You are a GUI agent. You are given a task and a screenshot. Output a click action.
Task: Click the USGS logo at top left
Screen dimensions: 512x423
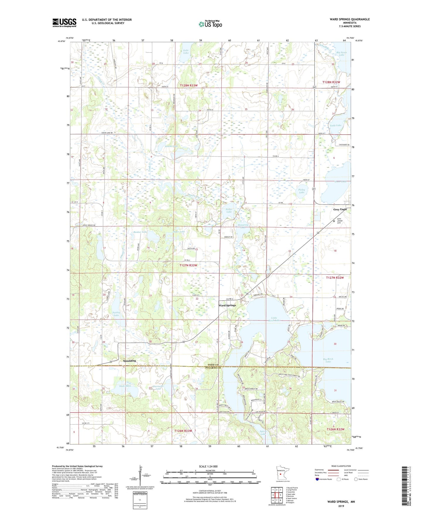64,23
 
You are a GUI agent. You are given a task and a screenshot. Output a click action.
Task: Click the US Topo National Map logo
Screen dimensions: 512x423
210,24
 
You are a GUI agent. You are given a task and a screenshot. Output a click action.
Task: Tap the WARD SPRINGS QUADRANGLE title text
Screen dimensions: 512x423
350,19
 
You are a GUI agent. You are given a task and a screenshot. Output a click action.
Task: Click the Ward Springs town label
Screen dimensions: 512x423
227,305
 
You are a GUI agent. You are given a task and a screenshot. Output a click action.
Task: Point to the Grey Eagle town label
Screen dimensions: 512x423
340,209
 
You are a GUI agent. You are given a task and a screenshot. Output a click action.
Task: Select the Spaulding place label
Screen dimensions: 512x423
129,361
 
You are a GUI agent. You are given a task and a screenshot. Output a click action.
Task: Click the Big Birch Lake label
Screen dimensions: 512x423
328,360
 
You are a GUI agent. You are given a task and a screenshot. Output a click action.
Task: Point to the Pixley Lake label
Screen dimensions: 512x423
302,191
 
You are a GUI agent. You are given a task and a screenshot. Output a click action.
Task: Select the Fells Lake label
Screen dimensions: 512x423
186,52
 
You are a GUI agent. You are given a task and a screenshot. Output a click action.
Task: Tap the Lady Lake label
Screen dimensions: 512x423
335,125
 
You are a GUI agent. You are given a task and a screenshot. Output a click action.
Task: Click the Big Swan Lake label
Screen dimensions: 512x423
341,54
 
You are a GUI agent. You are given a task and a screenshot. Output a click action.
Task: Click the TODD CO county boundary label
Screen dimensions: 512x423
211,364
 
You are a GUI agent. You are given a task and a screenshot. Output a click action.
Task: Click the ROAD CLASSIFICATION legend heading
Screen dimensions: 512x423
341,466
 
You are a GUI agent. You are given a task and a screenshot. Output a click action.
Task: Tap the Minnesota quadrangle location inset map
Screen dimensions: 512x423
280,473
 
